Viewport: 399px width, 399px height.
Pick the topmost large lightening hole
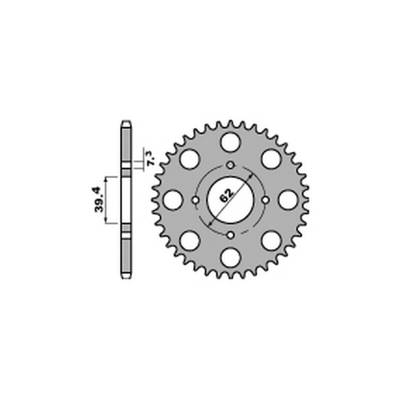point(230,142)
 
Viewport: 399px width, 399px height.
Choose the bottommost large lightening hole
point(230,258)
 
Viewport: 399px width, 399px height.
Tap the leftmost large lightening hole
point(173,200)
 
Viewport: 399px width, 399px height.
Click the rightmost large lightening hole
point(288,200)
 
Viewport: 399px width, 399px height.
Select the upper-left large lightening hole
point(190,159)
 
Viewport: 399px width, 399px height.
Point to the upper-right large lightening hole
point(271,159)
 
